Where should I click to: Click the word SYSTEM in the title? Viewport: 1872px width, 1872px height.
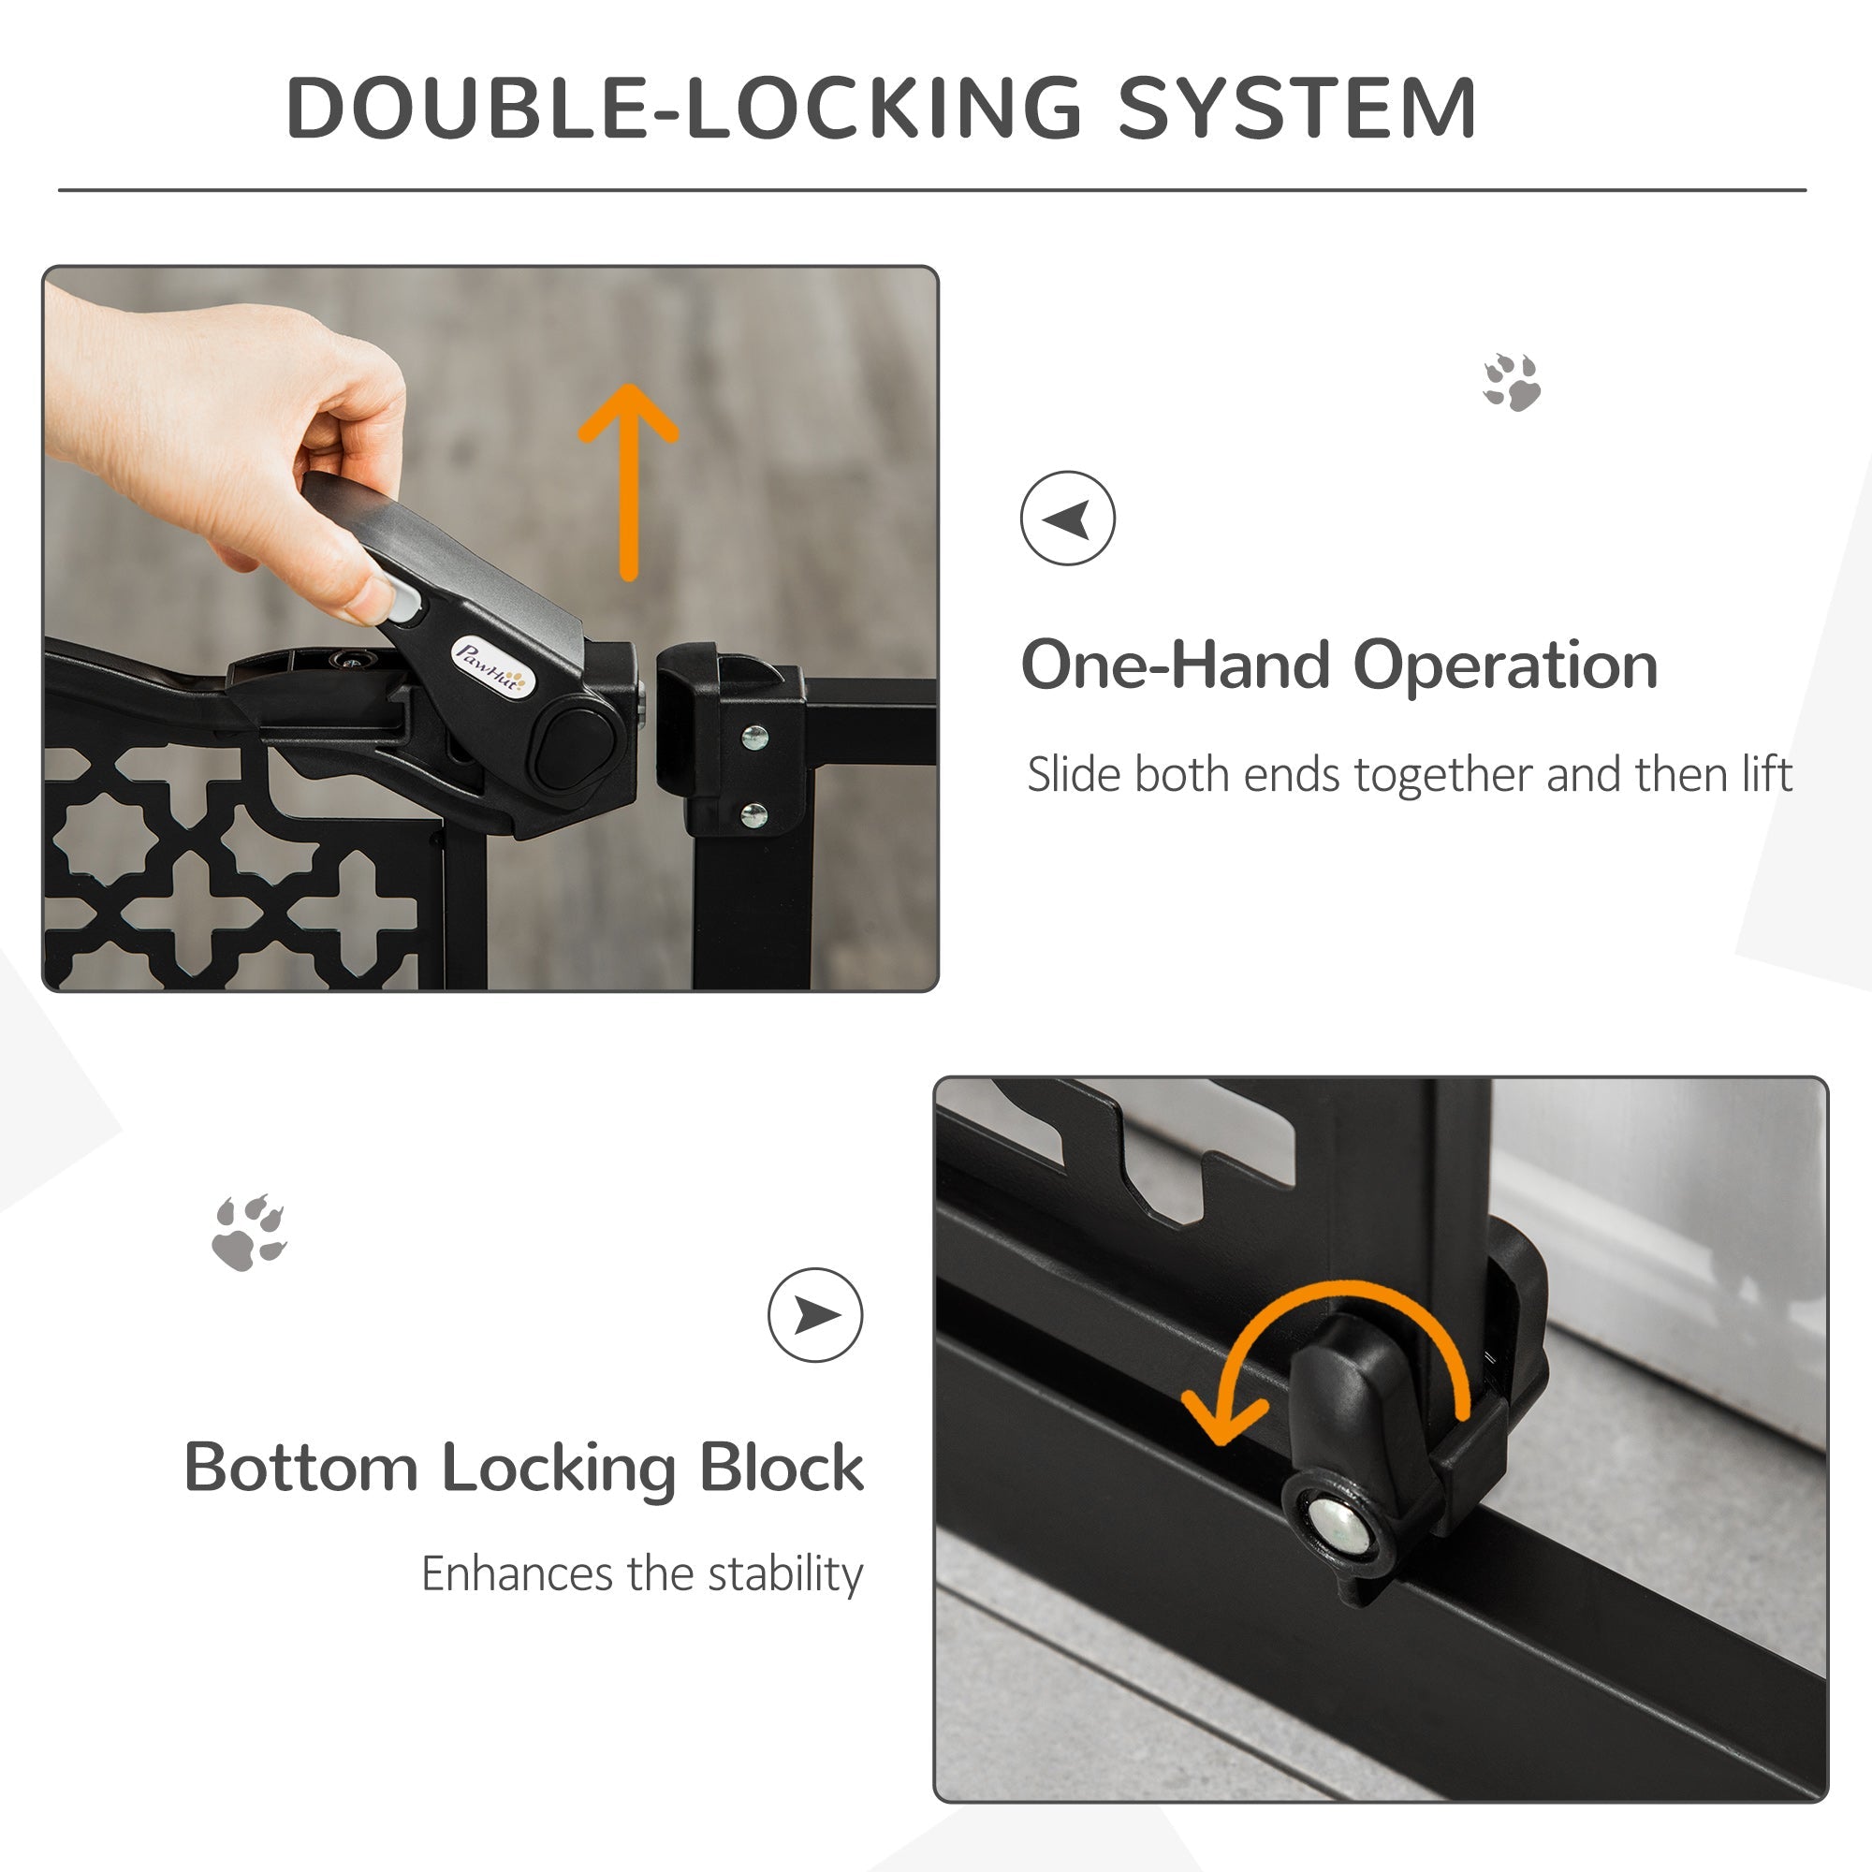click(1296, 109)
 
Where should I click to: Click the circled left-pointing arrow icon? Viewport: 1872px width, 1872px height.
click(1067, 519)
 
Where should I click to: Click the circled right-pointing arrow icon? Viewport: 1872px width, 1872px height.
click(815, 1315)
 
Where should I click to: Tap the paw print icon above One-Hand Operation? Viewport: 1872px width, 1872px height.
click(1512, 382)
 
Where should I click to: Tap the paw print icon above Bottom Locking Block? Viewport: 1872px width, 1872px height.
click(249, 1233)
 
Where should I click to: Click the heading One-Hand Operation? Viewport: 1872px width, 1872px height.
click(1339, 665)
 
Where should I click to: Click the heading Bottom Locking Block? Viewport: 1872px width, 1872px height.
click(523, 1468)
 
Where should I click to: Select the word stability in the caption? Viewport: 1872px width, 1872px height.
click(785, 1573)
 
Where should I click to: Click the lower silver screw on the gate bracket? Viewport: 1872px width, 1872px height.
click(753, 816)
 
